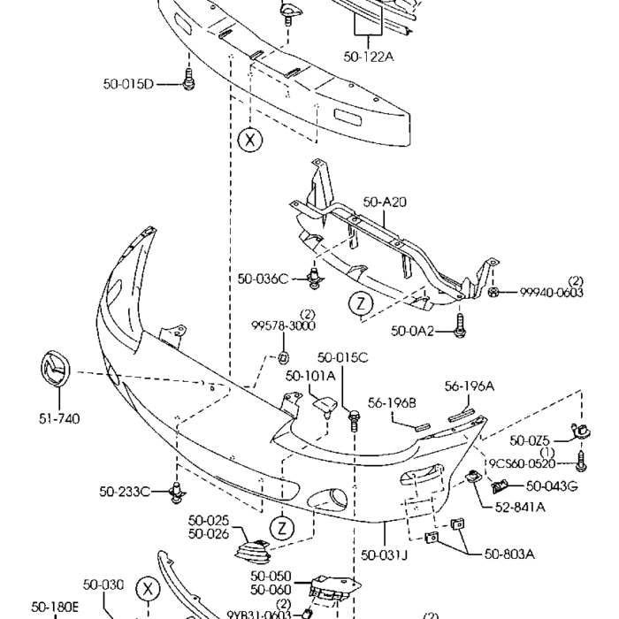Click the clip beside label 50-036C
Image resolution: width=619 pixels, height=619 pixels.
312,279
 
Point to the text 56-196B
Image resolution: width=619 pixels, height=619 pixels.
392,403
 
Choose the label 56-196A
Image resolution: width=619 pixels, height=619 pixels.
469,386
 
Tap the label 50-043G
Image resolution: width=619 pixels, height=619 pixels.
552,485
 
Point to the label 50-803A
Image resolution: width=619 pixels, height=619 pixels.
509,554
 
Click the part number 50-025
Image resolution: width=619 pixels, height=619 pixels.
208,521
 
